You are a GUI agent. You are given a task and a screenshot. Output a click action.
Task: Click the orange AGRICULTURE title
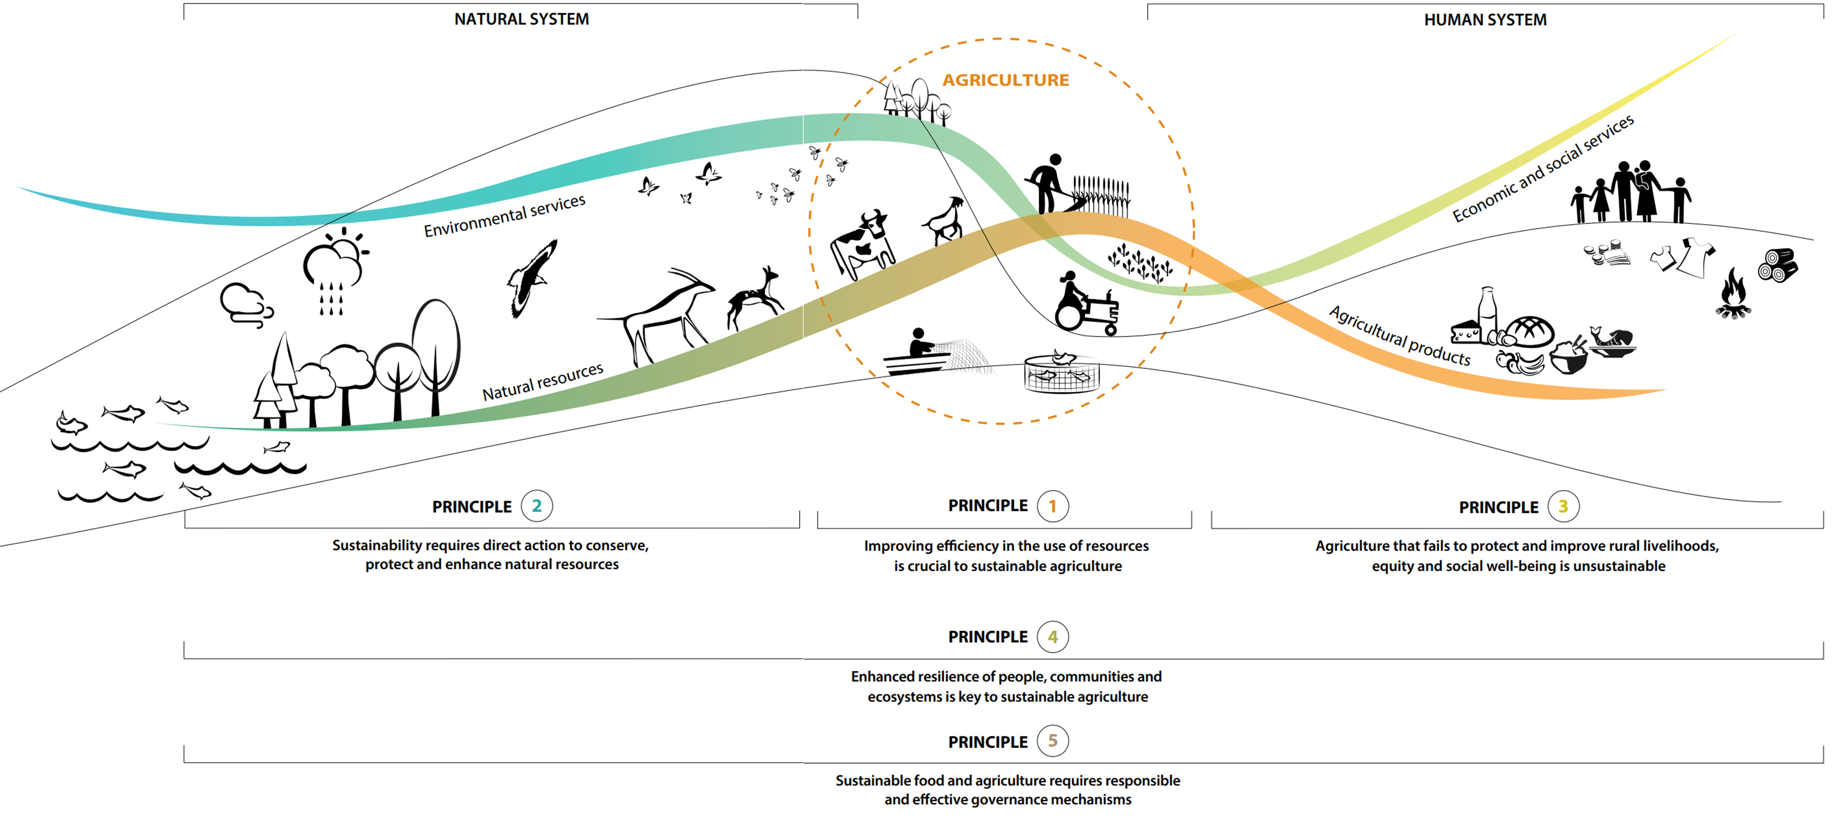[x=1005, y=80]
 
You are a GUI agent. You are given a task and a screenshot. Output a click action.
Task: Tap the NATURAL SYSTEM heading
[x=521, y=19]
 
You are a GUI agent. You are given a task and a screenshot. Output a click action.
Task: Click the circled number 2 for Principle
[x=537, y=506]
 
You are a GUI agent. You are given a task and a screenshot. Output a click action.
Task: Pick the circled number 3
[x=1564, y=506]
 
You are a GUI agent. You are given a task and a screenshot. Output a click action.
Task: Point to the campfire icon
[x=1733, y=294]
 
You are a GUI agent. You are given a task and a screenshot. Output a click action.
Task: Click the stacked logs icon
[x=1778, y=265]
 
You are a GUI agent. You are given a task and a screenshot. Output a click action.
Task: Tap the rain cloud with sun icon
[x=335, y=271]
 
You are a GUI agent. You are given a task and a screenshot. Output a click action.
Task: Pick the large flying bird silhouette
[x=531, y=278]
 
